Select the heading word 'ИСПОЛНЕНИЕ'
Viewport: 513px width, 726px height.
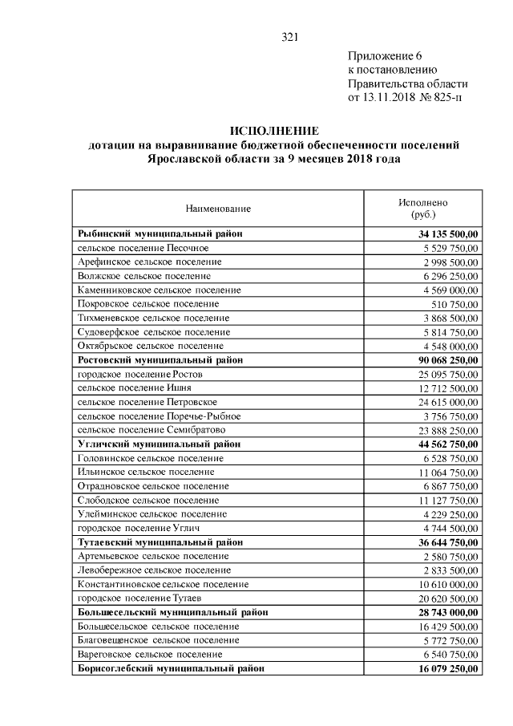click(x=274, y=131)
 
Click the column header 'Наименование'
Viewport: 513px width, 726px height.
click(x=218, y=209)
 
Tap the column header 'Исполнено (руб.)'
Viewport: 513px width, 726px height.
click(x=423, y=209)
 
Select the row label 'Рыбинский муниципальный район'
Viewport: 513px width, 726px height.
click(x=160, y=233)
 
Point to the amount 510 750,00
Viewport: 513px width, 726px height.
click(x=454, y=304)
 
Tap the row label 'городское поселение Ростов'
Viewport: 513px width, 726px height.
click(x=140, y=375)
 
